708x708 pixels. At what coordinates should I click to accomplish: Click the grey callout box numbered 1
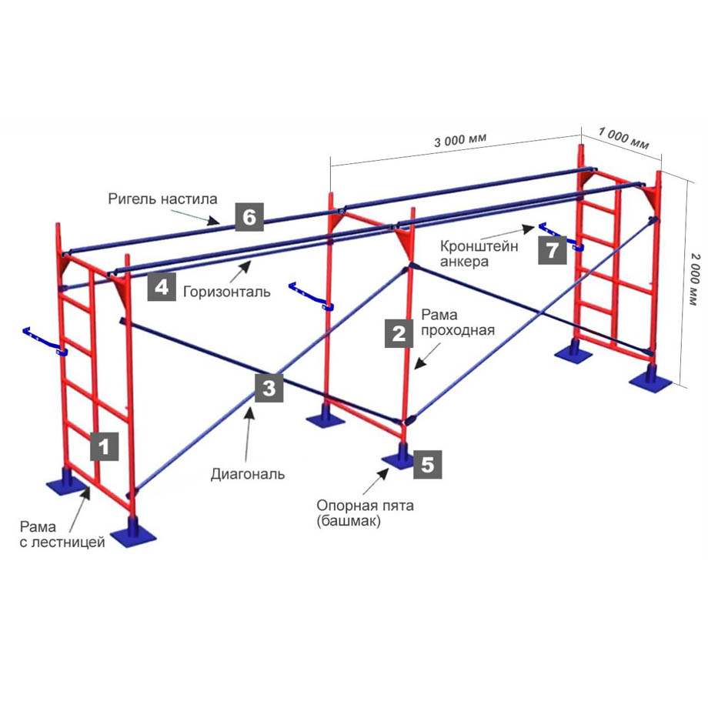[105, 446]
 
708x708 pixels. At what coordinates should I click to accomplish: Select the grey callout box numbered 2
[399, 333]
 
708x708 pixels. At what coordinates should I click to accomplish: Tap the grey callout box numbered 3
[269, 388]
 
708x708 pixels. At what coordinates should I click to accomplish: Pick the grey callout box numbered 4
[162, 287]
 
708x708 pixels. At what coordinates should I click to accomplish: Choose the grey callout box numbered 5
[428, 464]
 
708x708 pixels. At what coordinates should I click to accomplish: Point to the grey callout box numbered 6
[249, 217]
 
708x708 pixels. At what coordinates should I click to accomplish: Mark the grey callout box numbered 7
[553, 250]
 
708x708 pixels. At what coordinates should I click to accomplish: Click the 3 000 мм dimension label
[460, 140]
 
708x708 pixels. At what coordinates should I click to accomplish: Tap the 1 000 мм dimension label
[623, 139]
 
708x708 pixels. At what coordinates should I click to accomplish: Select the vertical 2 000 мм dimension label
[696, 279]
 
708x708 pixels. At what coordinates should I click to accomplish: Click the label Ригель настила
[162, 199]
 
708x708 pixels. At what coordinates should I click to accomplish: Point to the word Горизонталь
[227, 292]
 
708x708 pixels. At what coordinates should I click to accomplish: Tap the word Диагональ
[248, 474]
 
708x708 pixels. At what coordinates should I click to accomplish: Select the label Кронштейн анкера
[479, 254]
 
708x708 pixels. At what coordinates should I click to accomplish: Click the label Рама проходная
[457, 322]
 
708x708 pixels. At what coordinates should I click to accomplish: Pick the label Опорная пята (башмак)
[365, 513]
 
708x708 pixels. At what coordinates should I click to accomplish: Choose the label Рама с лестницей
[62, 534]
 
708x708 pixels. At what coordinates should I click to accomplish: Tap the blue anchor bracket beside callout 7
[561, 236]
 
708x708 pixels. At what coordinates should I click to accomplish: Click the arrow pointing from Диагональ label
[248, 433]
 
